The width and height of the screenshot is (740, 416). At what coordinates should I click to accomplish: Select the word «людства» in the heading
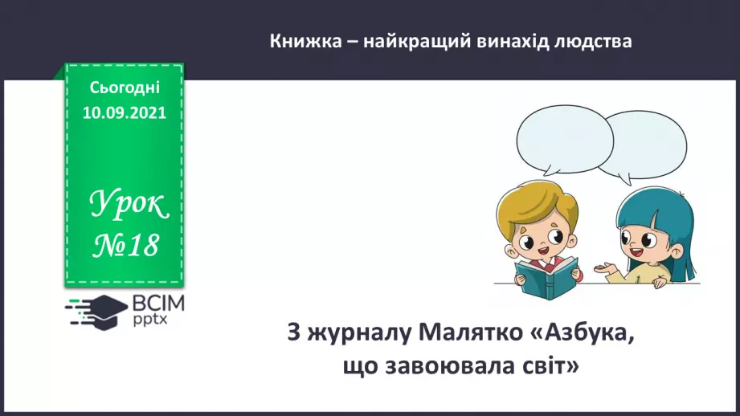coord(593,42)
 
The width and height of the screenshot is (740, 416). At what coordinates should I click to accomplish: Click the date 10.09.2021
coord(125,112)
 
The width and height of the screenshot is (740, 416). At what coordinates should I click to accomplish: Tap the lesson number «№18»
coord(126,247)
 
